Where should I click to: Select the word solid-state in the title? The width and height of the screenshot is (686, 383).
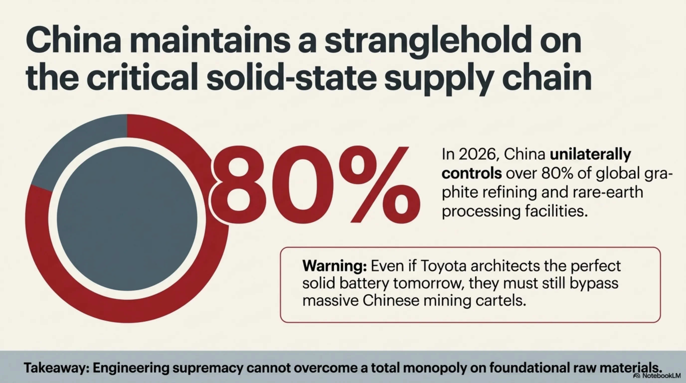tap(292, 77)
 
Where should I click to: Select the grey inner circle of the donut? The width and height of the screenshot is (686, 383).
tap(127, 218)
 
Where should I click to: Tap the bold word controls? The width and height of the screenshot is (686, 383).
tap(472, 173)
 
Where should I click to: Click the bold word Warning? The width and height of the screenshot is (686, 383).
tap(335, 266)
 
